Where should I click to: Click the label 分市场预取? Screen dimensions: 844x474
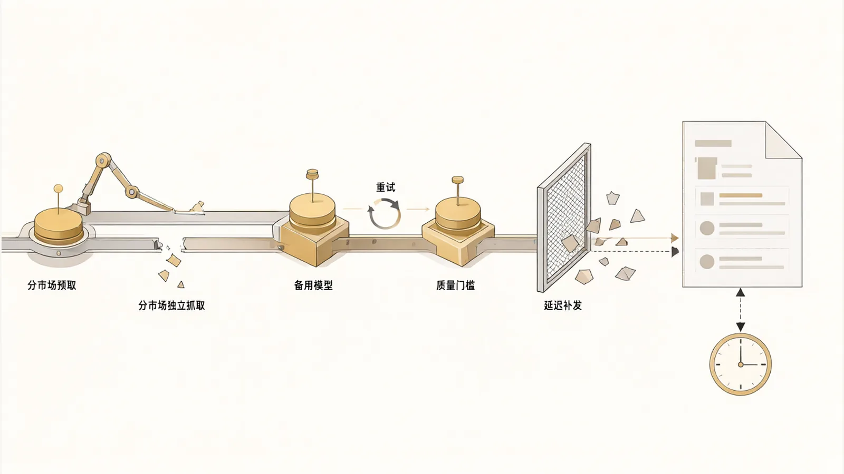coord(52,285)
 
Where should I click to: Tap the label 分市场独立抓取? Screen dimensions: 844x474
coord(171,305)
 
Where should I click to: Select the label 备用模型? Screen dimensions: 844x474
coord(313,285)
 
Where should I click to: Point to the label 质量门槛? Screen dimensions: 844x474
coord(455,285)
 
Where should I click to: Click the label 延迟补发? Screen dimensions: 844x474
coord(563,305)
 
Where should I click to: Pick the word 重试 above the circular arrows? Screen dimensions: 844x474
coord(386,187)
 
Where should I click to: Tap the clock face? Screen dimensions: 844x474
coord(741,364)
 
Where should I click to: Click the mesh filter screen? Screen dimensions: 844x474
coord(564,218)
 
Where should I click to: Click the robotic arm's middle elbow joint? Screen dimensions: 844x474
coord(131,192)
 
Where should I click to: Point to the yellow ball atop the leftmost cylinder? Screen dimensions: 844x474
coord(58,188)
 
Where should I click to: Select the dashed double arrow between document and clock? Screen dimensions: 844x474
coord(741,310)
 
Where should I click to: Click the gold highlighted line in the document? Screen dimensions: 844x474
coord(741,195)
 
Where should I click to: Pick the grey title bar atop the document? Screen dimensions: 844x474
coord(713,143)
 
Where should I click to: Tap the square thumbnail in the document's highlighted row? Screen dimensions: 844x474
coord(707,199)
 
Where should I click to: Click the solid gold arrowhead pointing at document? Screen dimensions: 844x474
coord(675,238)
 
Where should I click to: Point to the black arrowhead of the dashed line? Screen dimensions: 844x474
coord(675,252)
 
